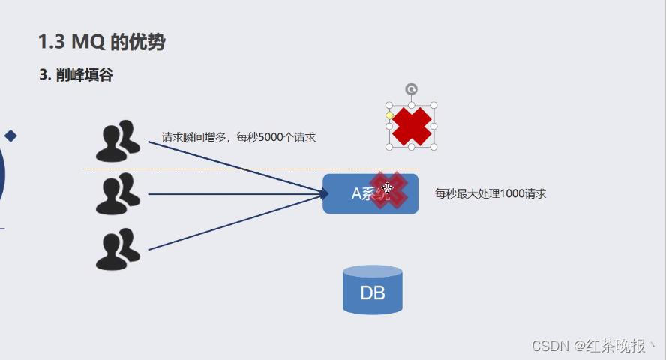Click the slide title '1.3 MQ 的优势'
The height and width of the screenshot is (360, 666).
pos(101,42)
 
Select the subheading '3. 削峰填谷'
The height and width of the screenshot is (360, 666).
pos(76,75)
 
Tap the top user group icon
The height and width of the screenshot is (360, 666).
pos(118,141)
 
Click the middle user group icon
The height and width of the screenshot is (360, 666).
pos(118,193)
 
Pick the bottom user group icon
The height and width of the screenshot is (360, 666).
pos(118,249)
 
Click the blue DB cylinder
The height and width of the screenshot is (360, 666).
pos(372,290)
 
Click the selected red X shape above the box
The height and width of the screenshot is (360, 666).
pos(412,126)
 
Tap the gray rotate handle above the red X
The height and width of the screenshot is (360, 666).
pos(411,90)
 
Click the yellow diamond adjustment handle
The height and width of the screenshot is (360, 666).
pos(389,115)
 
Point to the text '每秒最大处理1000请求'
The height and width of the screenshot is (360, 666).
pos(490,193)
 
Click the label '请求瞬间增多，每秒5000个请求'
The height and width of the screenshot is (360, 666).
pos(238,137)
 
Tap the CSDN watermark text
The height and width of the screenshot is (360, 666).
pos(589,346)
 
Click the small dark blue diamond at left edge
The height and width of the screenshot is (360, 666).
pos(10,136)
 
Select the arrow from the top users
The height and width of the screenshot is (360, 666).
pos(232,166)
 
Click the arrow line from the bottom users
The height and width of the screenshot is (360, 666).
pos(232,223)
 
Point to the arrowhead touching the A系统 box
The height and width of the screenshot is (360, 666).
pos(325,194)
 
